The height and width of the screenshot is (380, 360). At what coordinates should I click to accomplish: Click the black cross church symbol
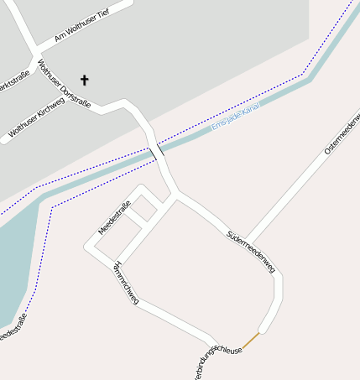pos(84,80)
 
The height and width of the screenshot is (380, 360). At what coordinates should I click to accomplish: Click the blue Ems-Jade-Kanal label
pos(237,117)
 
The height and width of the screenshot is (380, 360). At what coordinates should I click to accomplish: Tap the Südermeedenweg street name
pos(251,249)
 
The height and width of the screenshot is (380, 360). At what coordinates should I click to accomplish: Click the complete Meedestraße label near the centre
pos(115,217)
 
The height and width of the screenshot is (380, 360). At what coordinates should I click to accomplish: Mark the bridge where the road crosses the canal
pos(156,152)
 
